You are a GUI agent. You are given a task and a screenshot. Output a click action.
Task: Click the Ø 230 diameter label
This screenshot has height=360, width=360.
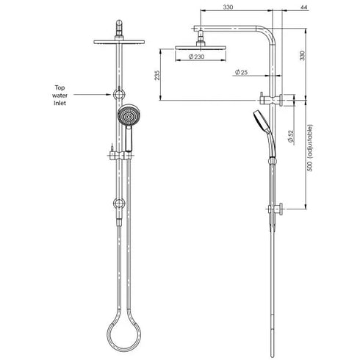pos(196,57)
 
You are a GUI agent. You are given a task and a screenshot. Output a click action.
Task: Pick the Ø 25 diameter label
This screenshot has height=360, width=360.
pos(240,72)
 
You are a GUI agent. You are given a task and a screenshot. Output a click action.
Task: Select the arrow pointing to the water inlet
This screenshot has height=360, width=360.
pos(96,94)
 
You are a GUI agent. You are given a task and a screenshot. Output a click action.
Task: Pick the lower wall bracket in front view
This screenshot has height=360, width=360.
pos(117,203)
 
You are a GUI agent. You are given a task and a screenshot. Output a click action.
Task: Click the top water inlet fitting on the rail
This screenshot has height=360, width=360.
pos(117,94)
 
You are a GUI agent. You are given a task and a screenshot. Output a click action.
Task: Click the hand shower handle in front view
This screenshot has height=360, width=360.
pos(128,140)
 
